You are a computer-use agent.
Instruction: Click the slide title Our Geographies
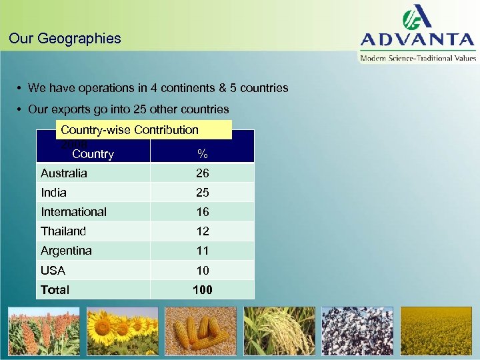click(65, 38)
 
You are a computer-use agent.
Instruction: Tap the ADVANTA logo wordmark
click(418, 39)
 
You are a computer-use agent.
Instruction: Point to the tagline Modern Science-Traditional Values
click(418, 58)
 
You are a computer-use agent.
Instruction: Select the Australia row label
click(64, 173)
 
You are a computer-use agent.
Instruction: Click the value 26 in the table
click(203, 173)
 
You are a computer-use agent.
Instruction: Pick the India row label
click(53, 192)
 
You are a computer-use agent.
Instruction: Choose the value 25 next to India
click(203, 192)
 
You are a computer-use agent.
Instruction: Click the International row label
click(73, 211)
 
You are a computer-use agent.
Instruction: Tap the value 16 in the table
click(203, 211)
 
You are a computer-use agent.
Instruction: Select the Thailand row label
click(63, 231)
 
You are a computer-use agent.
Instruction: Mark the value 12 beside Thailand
click(203, 231)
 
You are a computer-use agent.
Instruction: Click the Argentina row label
click(66, 250)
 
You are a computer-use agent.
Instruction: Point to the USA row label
click(53, 270)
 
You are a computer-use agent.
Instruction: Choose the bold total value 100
click(203, 289)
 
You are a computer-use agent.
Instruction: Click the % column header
click(203, 154)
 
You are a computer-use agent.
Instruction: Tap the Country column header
click(93, 154)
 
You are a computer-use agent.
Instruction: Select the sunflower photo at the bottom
click(122, 331)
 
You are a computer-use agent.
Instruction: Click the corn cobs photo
click(201, 331)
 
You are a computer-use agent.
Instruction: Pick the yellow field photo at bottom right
click(437, 331)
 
